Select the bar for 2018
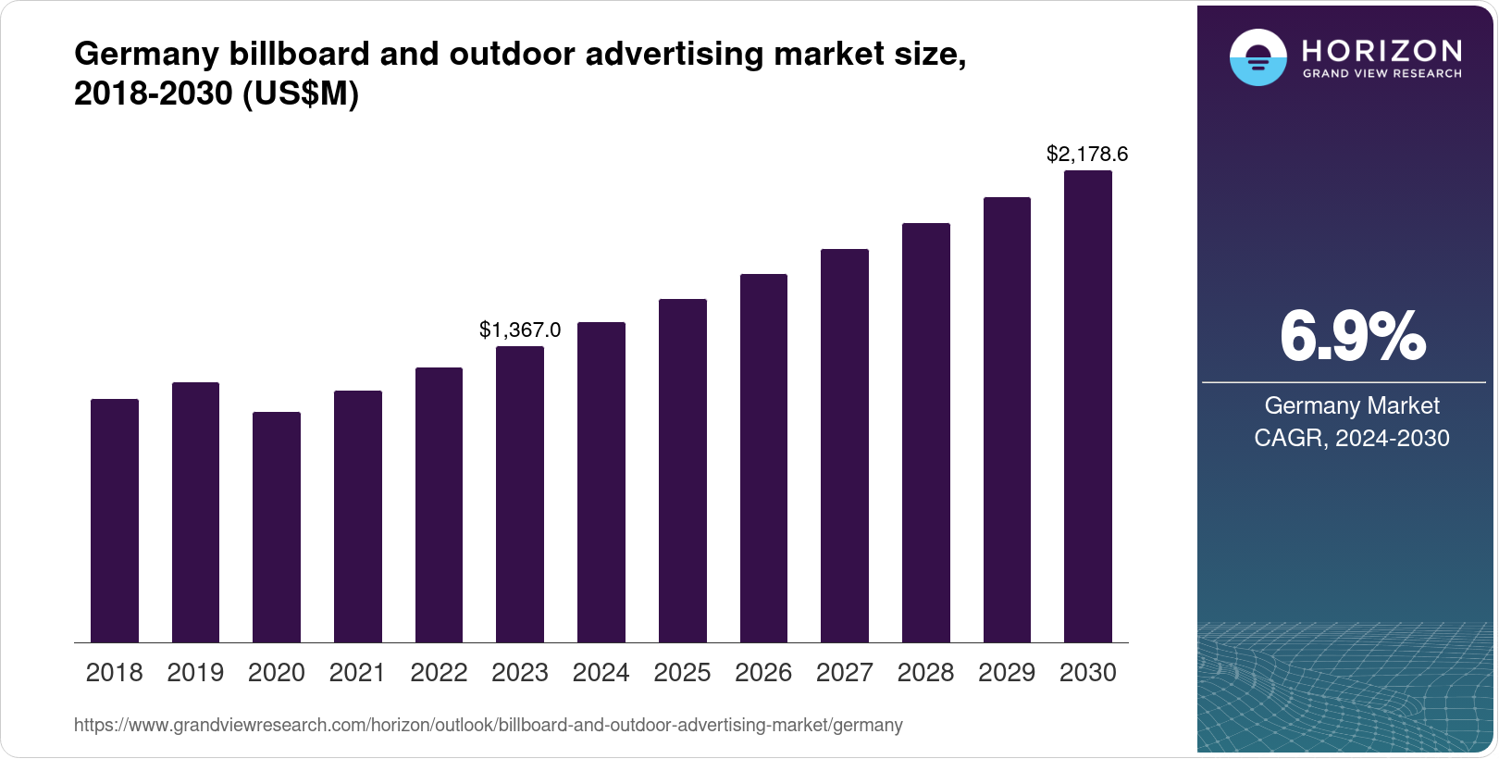click(115, 520)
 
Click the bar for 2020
click(277, 527)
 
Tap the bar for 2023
click(520, 494)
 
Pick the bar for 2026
click(763, 458)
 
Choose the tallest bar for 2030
click(1088, 406)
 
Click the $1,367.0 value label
click(520, 330)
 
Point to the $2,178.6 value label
click(1087, 155)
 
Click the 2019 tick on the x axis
click(195, 673)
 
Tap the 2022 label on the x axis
click(439, 673)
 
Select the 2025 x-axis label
click(682, 673)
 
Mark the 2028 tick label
click(925, 673)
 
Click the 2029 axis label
click(1007, 673)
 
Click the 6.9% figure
click(1352, 338)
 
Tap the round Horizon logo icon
click(1257, 57)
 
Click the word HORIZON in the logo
click(1381, 50)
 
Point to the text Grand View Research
click(1381, 74)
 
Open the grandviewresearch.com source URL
click(488, 726)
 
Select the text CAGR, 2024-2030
click(1351, 438)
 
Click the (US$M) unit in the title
click(301, 93)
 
